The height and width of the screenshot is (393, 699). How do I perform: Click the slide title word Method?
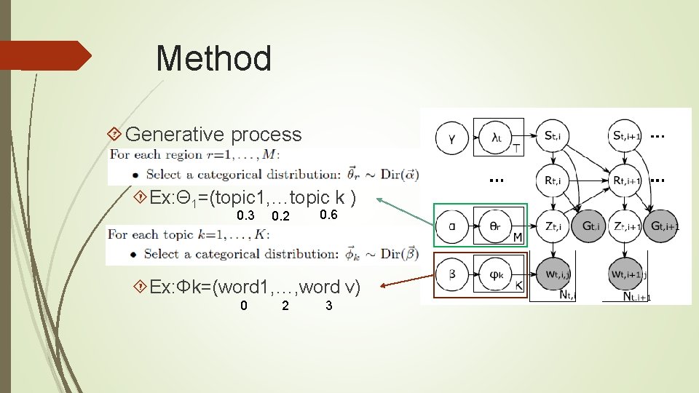(x=213, y=59)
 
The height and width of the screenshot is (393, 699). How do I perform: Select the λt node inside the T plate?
(x=497, y=136)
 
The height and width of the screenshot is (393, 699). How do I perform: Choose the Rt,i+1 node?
(x=625, y=180)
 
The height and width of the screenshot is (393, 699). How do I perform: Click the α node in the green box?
(x=452, y=226)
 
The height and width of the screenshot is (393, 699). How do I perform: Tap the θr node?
(x=495, y=226)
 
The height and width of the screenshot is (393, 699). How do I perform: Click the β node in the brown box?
(x=452, y=274)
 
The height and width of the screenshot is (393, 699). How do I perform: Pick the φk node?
(x=495, y=274)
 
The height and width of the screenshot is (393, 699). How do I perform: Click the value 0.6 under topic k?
(x=328, y=215)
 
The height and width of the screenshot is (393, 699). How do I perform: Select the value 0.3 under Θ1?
(x=245, y=216)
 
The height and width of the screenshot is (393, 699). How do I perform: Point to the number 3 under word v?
(x=329, y=306)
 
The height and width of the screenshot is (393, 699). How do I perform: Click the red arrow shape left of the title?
(x=45, y=56)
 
